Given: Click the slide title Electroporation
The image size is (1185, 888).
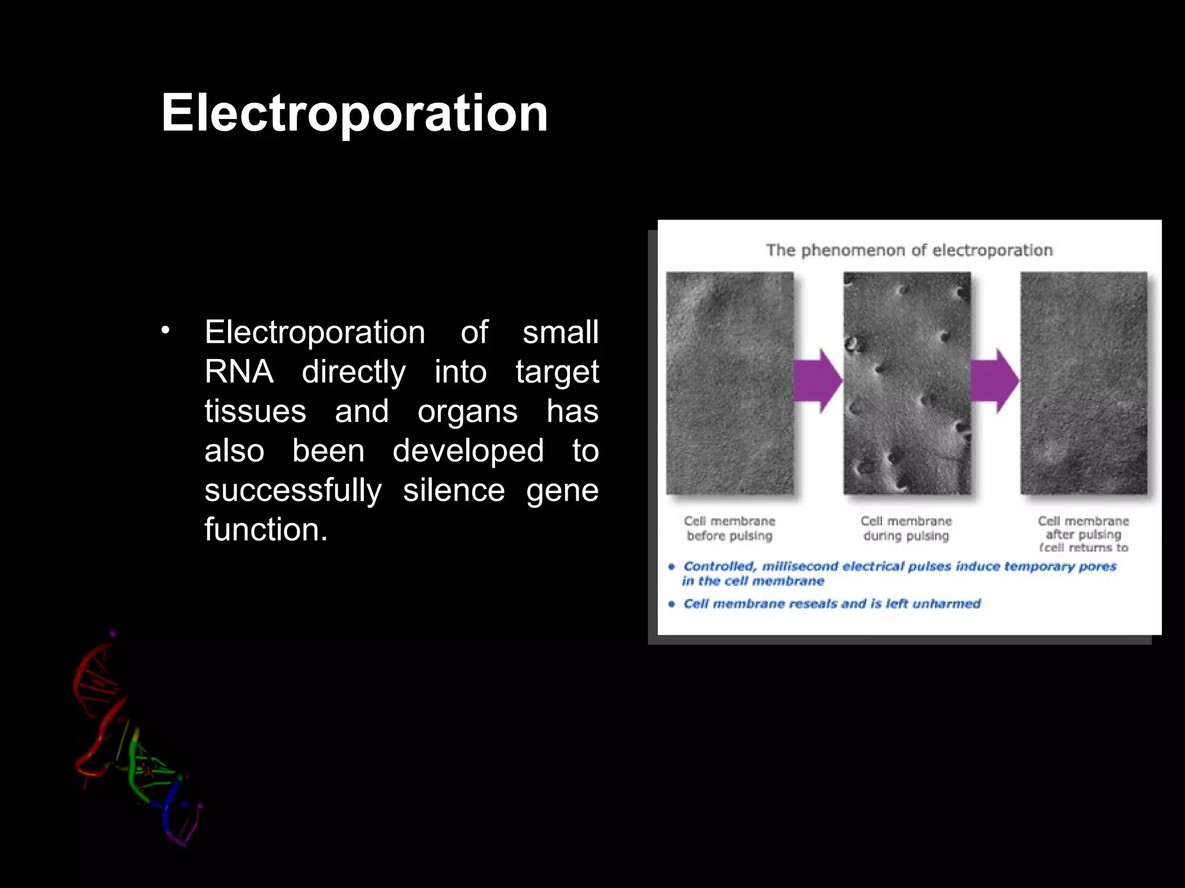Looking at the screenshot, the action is pyautogui.click(x=354, y=113).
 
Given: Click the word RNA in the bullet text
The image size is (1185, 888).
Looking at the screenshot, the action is pyautogui.click(x=238, y=372).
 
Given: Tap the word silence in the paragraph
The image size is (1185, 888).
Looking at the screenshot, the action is pyautogui.click(x=454, y=490).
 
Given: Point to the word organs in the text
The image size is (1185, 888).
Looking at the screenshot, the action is pyautogui.click(x=468, y=412).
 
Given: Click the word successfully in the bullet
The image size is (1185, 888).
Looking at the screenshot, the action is pyautogui.click(x=293, y=490).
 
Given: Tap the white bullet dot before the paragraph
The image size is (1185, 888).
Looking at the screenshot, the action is pyautogui.click(x=165, y=331).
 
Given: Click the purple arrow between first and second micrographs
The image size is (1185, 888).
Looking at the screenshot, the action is pyautogui.click(x=817, y=380).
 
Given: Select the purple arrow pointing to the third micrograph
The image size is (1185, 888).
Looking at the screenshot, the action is pyautogui.click(x=994, y=380).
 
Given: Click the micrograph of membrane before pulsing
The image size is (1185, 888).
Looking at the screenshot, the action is pyautogui.click(x=730, y=383).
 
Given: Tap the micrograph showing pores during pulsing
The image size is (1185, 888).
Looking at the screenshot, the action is pyautogui.click(x=907, y=383).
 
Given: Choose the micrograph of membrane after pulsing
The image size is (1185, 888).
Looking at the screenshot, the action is pyautogui.click(x=1084, y=383).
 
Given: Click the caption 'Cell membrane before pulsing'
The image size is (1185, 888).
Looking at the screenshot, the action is pyautogui.click(x=729, y=528).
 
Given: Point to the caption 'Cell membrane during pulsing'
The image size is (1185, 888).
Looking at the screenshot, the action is pyautogui.click(x=906, y=528).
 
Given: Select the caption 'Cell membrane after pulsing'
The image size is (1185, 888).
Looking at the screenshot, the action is pyautogui.click(x=1083, y=528).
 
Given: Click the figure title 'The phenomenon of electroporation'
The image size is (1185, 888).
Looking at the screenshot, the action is pyautogui.click(x=909, y=250).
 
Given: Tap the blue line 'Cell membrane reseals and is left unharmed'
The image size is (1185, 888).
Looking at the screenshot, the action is pyautogui.click(x=831, y=604).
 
